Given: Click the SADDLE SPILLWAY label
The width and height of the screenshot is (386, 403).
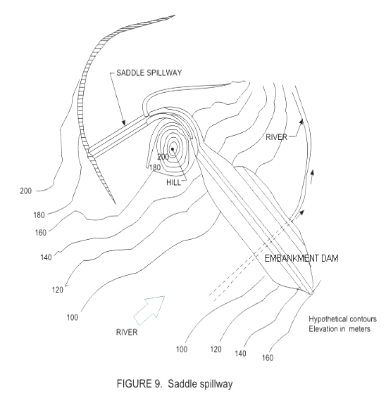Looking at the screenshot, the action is click(x=149, y=72).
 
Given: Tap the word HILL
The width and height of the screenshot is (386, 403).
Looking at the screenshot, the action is click(x=173, y=182).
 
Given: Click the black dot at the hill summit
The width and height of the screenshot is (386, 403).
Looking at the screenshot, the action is click(x=173, y=149).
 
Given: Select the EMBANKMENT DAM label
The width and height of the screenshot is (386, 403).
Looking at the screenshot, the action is click(x=301, y=258).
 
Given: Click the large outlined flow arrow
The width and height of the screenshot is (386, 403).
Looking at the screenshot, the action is click(x=149, y=310).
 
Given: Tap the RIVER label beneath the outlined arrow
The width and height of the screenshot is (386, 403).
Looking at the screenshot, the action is click(x=127, y=333).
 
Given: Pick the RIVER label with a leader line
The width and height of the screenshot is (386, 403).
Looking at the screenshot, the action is click(x=276, y=137).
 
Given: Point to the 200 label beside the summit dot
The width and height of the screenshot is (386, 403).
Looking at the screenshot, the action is click(x=163, y=157).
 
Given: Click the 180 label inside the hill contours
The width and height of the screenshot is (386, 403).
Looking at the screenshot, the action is click(x=155, y=167).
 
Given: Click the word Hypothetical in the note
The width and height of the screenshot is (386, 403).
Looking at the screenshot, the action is click(x=325, y=319).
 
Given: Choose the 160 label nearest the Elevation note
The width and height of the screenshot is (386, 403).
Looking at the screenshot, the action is click(x=268, y=357).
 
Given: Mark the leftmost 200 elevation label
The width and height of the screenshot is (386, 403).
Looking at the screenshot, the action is click(x=26, y=191).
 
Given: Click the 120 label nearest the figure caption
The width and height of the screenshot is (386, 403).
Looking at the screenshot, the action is click(x=216, y=350).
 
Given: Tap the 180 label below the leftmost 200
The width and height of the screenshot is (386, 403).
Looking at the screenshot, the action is click(x=39, y=215).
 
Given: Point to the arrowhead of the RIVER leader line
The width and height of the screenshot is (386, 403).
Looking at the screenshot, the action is click(x=301, y=122).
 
